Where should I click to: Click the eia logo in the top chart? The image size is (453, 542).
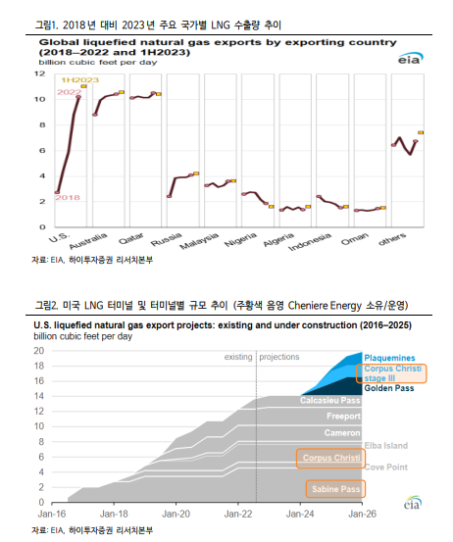tap(411, 59)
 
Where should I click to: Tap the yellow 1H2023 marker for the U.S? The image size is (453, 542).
tap(83, 86)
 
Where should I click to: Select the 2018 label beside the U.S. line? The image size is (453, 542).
tap(68, 197)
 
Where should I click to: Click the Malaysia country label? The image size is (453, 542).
tap(199, 240)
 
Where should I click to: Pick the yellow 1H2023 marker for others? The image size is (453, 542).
tap(421, 132)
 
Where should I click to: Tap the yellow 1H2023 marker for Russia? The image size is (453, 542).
tap(196, 173)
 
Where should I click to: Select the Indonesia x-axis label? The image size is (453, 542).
tap(310, 241)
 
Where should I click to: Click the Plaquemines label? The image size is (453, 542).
tap(389, 358)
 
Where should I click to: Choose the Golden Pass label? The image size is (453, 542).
tap(389, 388)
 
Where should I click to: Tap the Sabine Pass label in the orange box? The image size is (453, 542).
tap(335, 489)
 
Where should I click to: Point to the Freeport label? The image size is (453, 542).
tap(343, 416)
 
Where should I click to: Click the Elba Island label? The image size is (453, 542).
tap(386, 446)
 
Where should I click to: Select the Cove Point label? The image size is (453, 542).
tap(386, 467)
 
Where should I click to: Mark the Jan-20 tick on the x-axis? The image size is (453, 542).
tap(176, 514)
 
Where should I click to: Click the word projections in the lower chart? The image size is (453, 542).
tap(279, 357)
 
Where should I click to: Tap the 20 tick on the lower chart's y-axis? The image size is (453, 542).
tap(39, 351)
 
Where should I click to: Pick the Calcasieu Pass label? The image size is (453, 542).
tap(330, 400)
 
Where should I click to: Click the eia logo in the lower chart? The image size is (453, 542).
tap(413, 503)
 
